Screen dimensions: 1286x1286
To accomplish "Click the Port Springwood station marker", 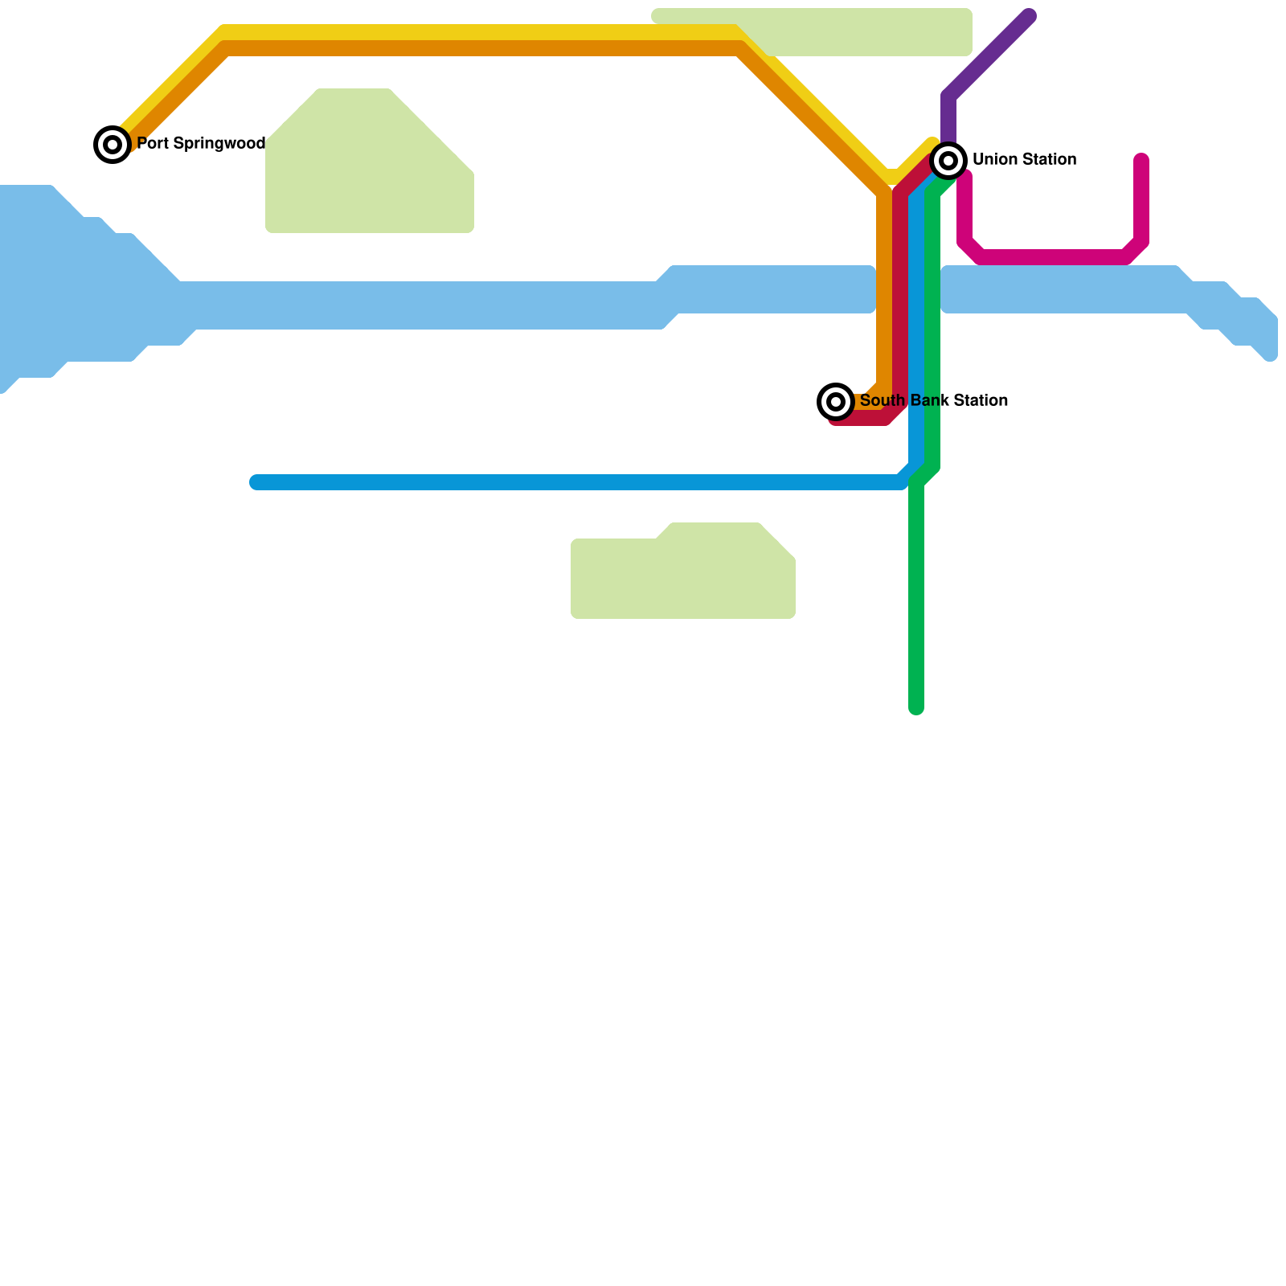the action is (x=113, y=145).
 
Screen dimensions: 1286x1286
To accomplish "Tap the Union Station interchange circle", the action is (x=948, y=161).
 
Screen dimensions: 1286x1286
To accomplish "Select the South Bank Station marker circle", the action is (x=836, y=401).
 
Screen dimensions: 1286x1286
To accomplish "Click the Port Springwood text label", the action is (x=201, y=144).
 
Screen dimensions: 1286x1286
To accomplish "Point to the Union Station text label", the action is (x=1024, y=159).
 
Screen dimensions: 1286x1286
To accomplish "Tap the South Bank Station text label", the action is (x=934, y=400).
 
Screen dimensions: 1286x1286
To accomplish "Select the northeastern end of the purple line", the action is (x=1029, y=16).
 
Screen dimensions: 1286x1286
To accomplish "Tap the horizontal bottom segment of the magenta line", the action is (x=1053, y=257).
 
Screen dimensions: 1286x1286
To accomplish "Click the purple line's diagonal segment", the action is (x=989, y=56).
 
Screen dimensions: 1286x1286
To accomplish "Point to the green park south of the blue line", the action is (x=683, y=575).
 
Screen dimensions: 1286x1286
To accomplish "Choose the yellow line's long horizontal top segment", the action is (x=482, y=32).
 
